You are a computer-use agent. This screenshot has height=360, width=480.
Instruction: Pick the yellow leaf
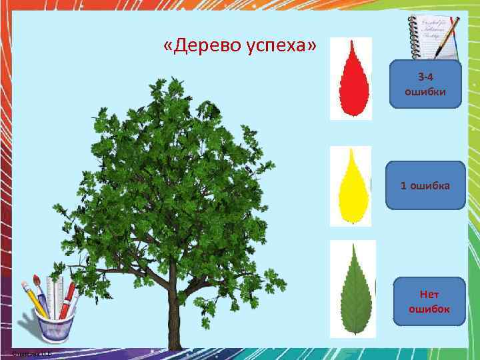pos(351,186)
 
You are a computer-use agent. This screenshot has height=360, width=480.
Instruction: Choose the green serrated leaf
pos(353,289)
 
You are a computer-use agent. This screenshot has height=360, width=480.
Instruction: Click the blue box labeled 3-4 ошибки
pos(425,84)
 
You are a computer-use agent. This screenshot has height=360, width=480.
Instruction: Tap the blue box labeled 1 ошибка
pos(425,185)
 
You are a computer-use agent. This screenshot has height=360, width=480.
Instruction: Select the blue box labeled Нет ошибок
pos(429,301)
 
